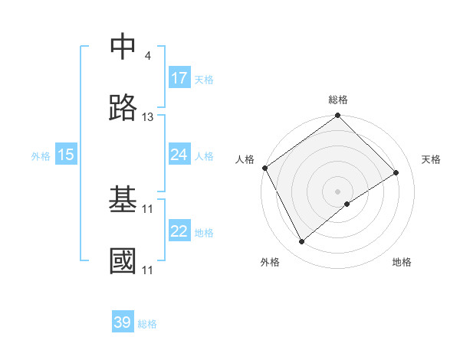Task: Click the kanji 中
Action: pyautogui.click(x=124, y=47)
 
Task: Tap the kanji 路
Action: pyautogui.click(x=124, y=109)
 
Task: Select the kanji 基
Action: pyautogui.click(x=124, y=200)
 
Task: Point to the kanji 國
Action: pyautogui.click(x=124, y=261)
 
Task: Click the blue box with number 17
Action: pyautogui.click(x=179, y=78)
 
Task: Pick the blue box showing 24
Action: pyautogui.click(x=179, y=155)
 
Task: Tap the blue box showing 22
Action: pyautogui.click(x=179, y=231)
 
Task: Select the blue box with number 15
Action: pyautogui.click(x=66, y=155)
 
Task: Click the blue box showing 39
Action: pyautogui.click(x=123, y=322)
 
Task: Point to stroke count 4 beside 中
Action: pyautogui.click(x=147, y=56)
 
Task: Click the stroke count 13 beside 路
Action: pyautogui.click(x=148, y=117)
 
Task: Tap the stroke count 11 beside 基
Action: pyautogui.click(x=148, y=208)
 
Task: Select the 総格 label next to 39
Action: pyautogui.click(x=147, y=324)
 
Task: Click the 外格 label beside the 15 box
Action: pyautogui.click(x=41, y=156)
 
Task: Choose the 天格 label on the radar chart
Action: pyautogui.click(x=431, y=159)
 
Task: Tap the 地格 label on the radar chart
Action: pyautogui.click(x=402, y=262)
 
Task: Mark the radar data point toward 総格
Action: pyautogui.click(x=337, y=116)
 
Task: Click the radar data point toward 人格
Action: pyautogui.click(x=264, y=168)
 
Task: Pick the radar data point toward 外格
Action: pyautogui.click(x=302, y=242)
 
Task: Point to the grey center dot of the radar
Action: pyautogui.click(x=337, y=191)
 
